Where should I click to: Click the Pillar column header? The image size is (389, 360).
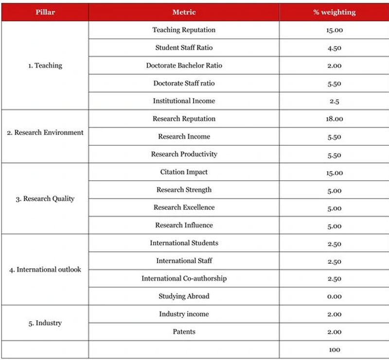pos(45,12)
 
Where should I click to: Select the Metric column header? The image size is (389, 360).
pos(184,12)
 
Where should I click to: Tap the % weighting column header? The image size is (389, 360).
pos(334,12)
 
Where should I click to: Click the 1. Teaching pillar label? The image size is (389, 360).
pos(45,66)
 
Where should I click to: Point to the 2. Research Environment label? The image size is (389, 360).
pos(45,132)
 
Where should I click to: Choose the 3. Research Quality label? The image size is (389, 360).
pos(45,198)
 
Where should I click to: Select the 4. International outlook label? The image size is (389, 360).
pos(45,269)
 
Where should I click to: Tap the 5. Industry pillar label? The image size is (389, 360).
pos(45,323)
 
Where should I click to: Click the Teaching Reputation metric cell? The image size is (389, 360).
pos(184,30)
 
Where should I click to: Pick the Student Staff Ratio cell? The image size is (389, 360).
pos(184,48)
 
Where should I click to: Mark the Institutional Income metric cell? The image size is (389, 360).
pos(184,101)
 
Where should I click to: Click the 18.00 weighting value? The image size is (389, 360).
pos(334,119)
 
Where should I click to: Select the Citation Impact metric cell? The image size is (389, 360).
pos(184,172)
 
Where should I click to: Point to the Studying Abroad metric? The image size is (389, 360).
pos(184,296)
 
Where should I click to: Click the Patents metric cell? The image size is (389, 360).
pos(184,332)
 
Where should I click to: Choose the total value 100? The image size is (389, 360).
pos(334,350)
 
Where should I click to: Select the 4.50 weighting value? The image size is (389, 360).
pos(334,48)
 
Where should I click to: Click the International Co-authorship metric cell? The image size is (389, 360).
pos(184,278)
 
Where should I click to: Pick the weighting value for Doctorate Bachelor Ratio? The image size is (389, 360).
pos(334,66)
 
